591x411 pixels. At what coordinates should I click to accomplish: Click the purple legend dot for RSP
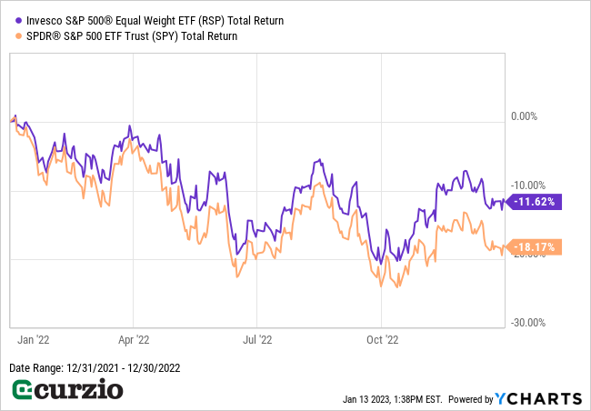point(19,19)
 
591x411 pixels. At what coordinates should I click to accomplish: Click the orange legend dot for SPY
point(19,36)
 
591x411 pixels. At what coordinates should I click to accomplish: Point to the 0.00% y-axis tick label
point(525,116)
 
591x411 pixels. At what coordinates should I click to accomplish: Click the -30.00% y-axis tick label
point(526,322)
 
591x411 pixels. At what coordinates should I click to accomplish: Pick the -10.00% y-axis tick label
point(526,185)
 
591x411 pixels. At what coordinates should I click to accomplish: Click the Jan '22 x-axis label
point(33,339)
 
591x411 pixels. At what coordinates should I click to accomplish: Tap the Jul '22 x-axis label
point(257,339)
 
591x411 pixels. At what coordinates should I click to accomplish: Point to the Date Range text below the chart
point(89,367)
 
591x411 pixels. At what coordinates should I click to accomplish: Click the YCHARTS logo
point(538,398)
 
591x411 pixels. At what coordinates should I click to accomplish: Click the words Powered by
point(470,399)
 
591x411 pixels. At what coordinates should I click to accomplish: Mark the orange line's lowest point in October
point(396,286)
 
